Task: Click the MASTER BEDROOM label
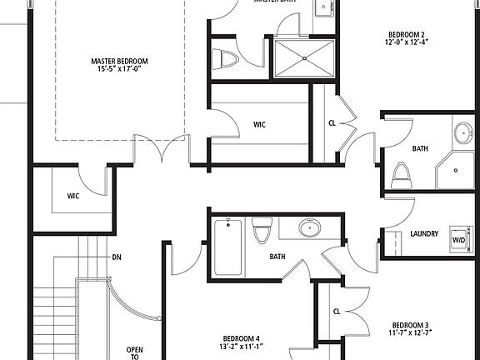pyautogui.click(x=120, y=61)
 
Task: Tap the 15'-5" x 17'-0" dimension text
pyautogui.click(x=120, y=70)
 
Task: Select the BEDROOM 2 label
pyautogui.click(x=407, y=34)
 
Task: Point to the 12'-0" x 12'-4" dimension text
pyautogui.click(x=407, y=43)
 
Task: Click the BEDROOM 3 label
pyautogui.click(x=410, y=324)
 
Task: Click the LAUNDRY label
pyautogui.click(x=424, y=234)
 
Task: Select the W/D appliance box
pyautogui.click(x=457, y=236)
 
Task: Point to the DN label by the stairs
pyautogui.click(x=117, y=257)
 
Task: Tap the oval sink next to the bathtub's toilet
pyautogui.click(x=309, y=227)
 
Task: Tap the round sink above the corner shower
pyautogui.click(x=463, y=132)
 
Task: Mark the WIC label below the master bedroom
pyautogui.click(x=73, y=197)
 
